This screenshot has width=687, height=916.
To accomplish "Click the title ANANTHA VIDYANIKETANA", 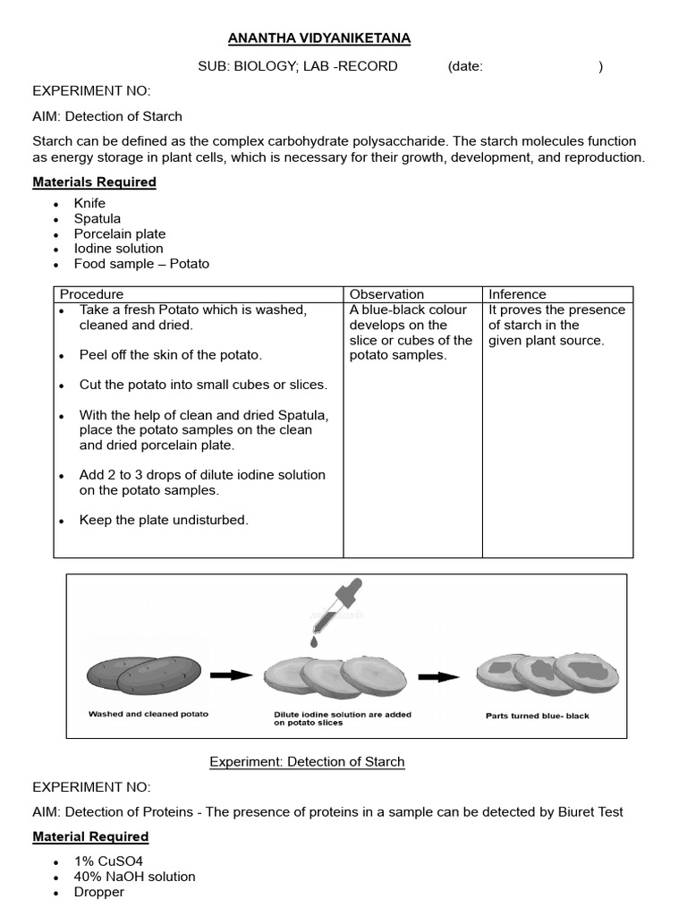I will tap(319, 38).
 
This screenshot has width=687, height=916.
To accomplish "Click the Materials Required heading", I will tap(94, 182).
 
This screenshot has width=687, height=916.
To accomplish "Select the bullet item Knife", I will tap(89, 203).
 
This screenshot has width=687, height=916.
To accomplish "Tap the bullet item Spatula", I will tap(97, 218).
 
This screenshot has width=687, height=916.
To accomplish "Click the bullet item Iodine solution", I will tap(118, 249).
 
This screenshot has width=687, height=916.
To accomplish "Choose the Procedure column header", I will tap(91, 294).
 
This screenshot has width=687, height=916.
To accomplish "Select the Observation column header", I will tap(386, 294).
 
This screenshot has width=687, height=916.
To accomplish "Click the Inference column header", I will tap(517, 294).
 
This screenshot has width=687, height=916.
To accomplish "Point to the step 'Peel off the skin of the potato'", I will tap(170, 355).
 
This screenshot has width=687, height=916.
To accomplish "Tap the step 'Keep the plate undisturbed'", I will tap(164, 520).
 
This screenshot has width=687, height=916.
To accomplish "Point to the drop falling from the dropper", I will tap(315, 641).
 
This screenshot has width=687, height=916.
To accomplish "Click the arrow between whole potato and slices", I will tap(231, 675).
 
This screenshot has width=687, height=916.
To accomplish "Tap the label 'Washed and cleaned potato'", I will tap(148, 714).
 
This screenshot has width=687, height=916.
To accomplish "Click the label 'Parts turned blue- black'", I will tap(537, 716).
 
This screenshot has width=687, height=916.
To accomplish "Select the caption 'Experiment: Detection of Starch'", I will tap(307, 762).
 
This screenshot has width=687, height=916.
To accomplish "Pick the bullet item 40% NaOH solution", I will tap(134, 877).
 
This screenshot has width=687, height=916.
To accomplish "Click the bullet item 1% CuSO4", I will tap(109, 861).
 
